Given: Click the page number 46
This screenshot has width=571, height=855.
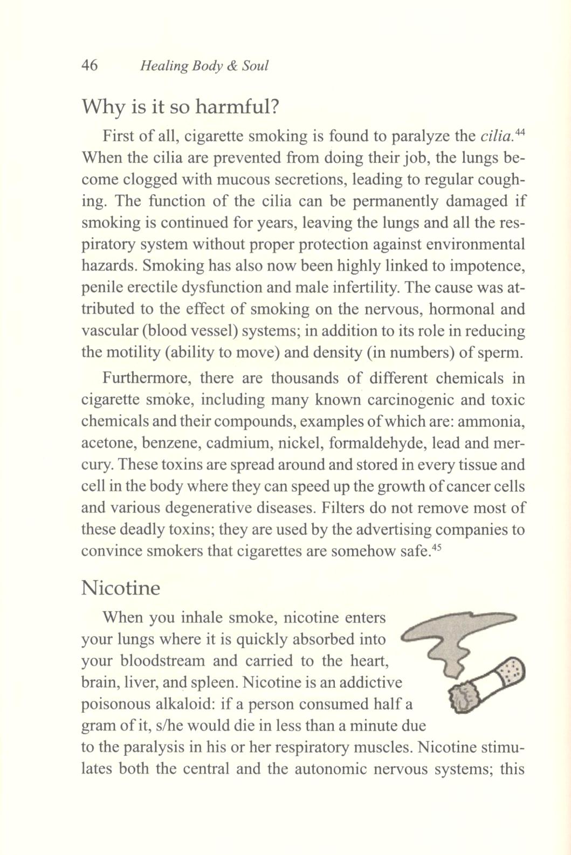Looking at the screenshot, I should (x=89, y=66).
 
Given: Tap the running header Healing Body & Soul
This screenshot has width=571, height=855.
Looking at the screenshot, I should (x=204, y=66).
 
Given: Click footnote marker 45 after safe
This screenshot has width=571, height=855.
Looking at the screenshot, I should (x=437, y=548).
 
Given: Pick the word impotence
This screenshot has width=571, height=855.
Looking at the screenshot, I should (x=490, y=266).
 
